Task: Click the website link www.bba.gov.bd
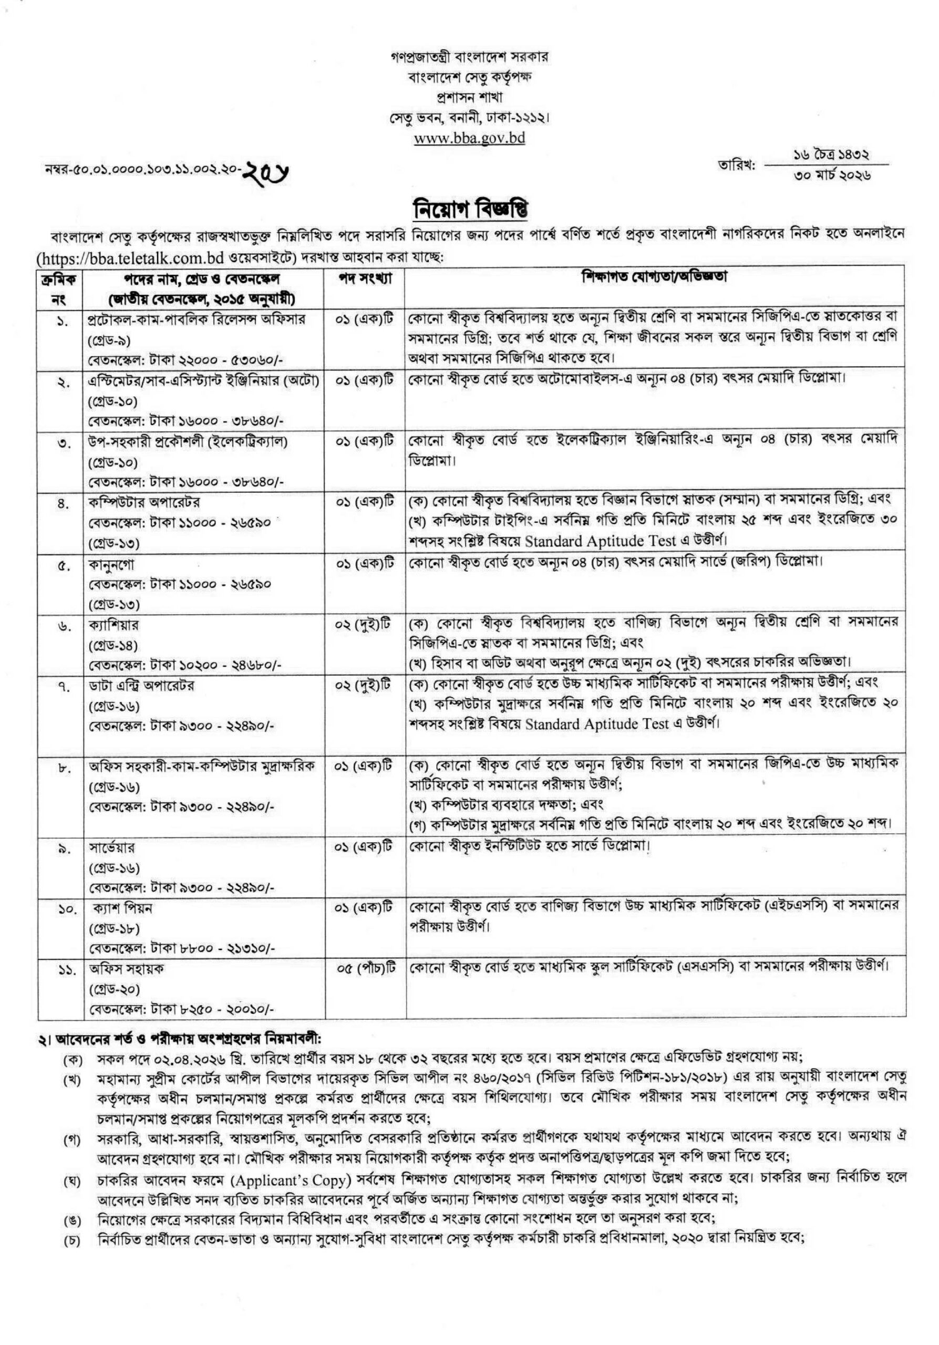tap(469, 138)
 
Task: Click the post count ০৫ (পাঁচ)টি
tap(366, 969)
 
